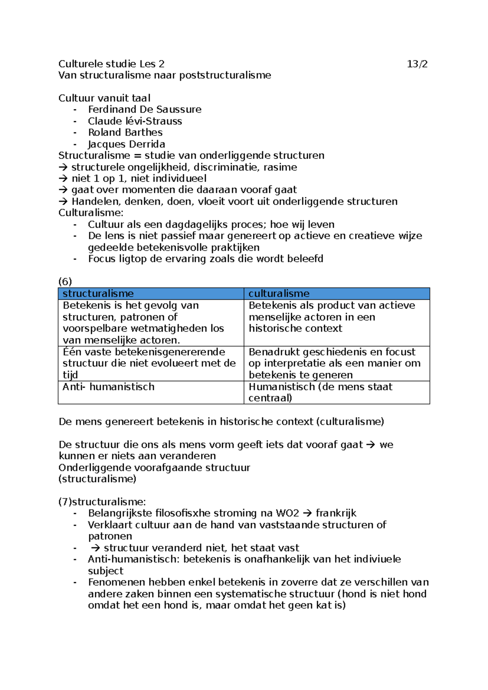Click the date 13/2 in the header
[417, 64]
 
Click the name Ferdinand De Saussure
[144, 109]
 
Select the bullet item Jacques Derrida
[126, 144]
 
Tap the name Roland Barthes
[125, 132]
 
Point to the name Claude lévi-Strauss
[135, 121]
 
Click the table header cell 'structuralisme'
[98, 293]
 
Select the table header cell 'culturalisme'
[279, 293]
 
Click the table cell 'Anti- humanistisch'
[108, 386]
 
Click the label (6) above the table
[65, 282]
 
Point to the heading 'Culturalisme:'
[91, 213]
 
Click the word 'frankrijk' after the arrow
[336, 513]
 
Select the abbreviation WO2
[287, 513]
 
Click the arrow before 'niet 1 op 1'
[63, 179]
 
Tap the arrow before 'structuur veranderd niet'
[96, 548]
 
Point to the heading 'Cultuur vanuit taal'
[104, 98]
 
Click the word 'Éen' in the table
[72, 352]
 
